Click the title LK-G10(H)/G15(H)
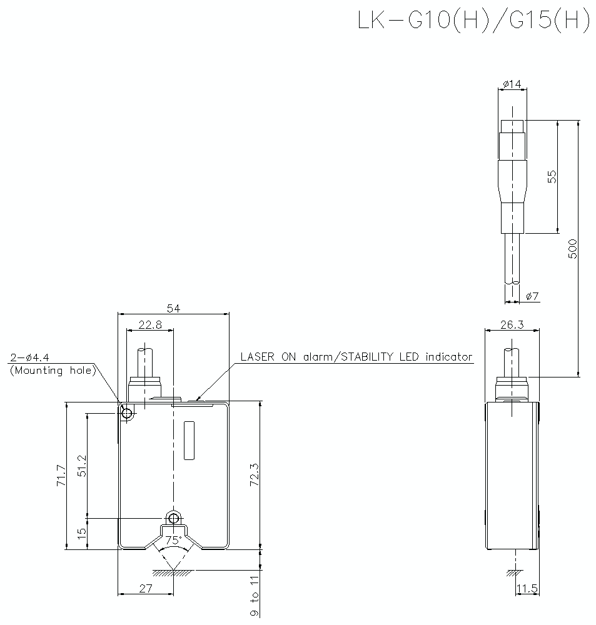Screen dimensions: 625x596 pos(473,20)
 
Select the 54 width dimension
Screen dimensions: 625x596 pos(173,308)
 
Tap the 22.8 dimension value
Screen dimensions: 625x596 pos(149,324)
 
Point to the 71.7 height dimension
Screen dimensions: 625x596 pos(60,476)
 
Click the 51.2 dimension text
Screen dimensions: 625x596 pos(82,466)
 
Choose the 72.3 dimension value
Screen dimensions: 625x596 pos(254,476)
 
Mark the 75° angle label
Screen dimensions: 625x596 pos(173,540)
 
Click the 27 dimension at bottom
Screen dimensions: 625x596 pos(145,588)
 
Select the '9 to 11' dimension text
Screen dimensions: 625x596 pos(254,596)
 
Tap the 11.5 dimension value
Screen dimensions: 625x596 pos(527,588)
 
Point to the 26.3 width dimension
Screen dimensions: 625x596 pos(512,324)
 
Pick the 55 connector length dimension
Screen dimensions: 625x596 pos(552,176)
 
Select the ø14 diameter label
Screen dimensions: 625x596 pos(512,84)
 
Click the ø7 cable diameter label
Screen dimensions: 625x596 pos(532,296)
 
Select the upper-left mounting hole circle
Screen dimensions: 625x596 pos(127,413)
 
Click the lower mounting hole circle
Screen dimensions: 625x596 pos(173,518)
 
